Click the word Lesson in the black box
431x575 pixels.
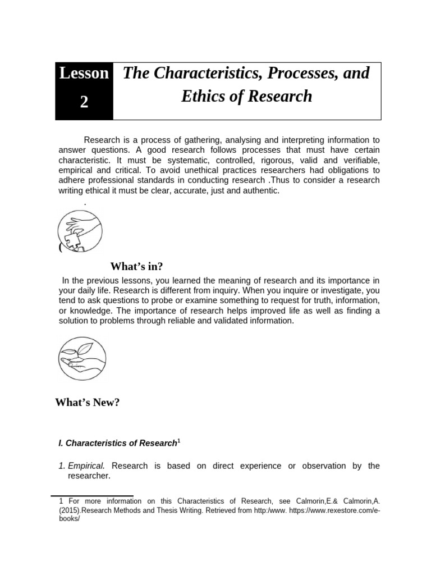click(x=84, y=74)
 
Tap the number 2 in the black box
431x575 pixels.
click(x=84, y=103)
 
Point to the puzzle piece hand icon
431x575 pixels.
click(x=80, y=230)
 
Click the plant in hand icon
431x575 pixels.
click(x=82, y=359)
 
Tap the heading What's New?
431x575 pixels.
click(x=88, y=402)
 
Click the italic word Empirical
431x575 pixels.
click(x=86, y=466)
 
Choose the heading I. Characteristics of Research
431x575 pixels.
click(x=117, y=443)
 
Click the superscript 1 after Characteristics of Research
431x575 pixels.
click(x=178, y=441)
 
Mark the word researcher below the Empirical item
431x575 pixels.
click(x=88, y=476)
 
